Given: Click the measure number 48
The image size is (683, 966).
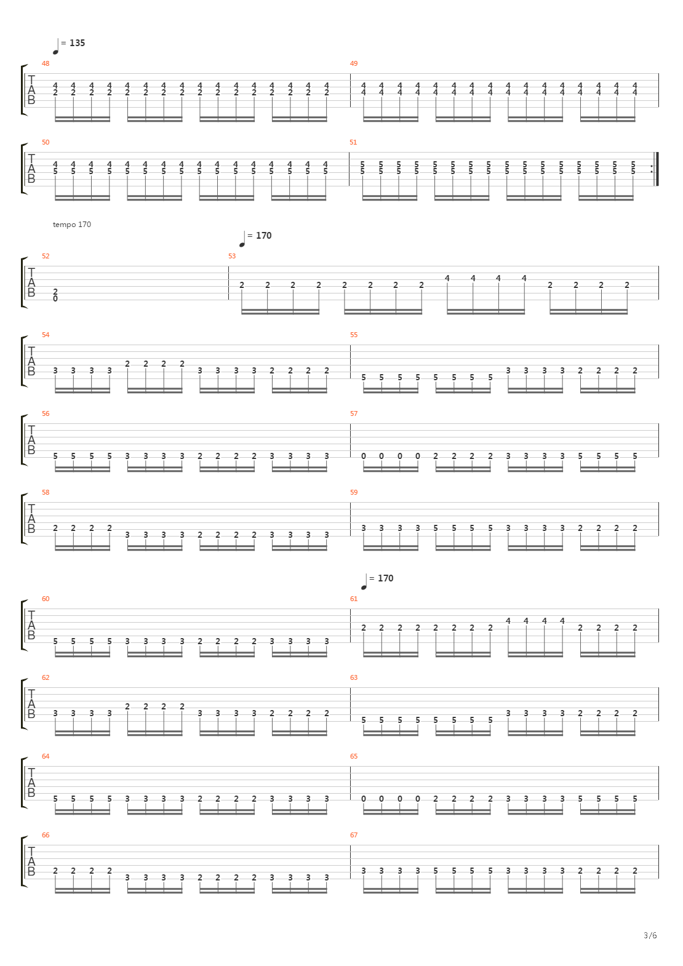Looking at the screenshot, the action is click(x=46, y=63).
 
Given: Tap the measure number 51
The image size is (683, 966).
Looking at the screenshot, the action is click(x=353, y=142).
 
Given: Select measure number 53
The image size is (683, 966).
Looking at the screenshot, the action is click(x=232, y=256).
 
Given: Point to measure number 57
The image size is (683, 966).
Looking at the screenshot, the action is click(x=354, y=413).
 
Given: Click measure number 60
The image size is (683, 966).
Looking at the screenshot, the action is click(x=46, y=599).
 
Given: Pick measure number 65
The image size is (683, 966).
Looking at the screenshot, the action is click(x=354, y=756).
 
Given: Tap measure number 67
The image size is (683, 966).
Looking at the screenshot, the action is click(x=354, y=835).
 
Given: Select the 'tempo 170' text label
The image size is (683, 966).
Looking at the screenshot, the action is click(x=71, y=224).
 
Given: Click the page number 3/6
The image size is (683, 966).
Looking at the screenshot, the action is click(x=650, y=935).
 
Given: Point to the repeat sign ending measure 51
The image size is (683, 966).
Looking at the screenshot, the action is click(x=655, y=169).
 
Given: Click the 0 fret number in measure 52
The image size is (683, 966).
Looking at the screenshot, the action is click(x=55, y=298).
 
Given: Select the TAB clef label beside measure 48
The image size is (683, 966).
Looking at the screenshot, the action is click(x=31, y=90).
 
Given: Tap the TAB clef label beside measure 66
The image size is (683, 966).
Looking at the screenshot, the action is click(x=31, y=861).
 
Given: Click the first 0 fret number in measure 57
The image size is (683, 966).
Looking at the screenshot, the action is click(x=364, y=456).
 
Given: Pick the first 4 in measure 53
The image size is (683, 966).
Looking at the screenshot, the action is click(x=447, y=278).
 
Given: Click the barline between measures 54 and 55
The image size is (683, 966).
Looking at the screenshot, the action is click(x=350, y=361).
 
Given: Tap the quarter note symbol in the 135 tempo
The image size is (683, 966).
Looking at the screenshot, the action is click(x=56, y=47).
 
